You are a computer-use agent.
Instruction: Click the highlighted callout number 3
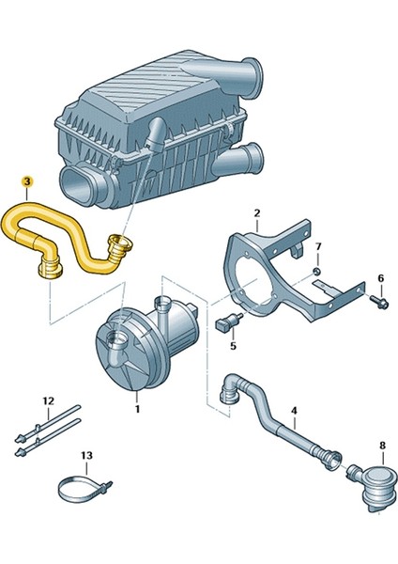[27, 180]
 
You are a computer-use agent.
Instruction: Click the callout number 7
[318, 248]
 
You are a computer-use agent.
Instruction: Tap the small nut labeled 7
[317, 271]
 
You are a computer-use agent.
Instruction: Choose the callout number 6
[380, 278]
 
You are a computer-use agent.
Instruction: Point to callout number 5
[234, 345]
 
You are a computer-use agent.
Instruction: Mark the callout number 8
[381, 445]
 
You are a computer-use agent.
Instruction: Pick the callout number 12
[48, 401]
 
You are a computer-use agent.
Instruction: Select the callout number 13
[86, 456]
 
